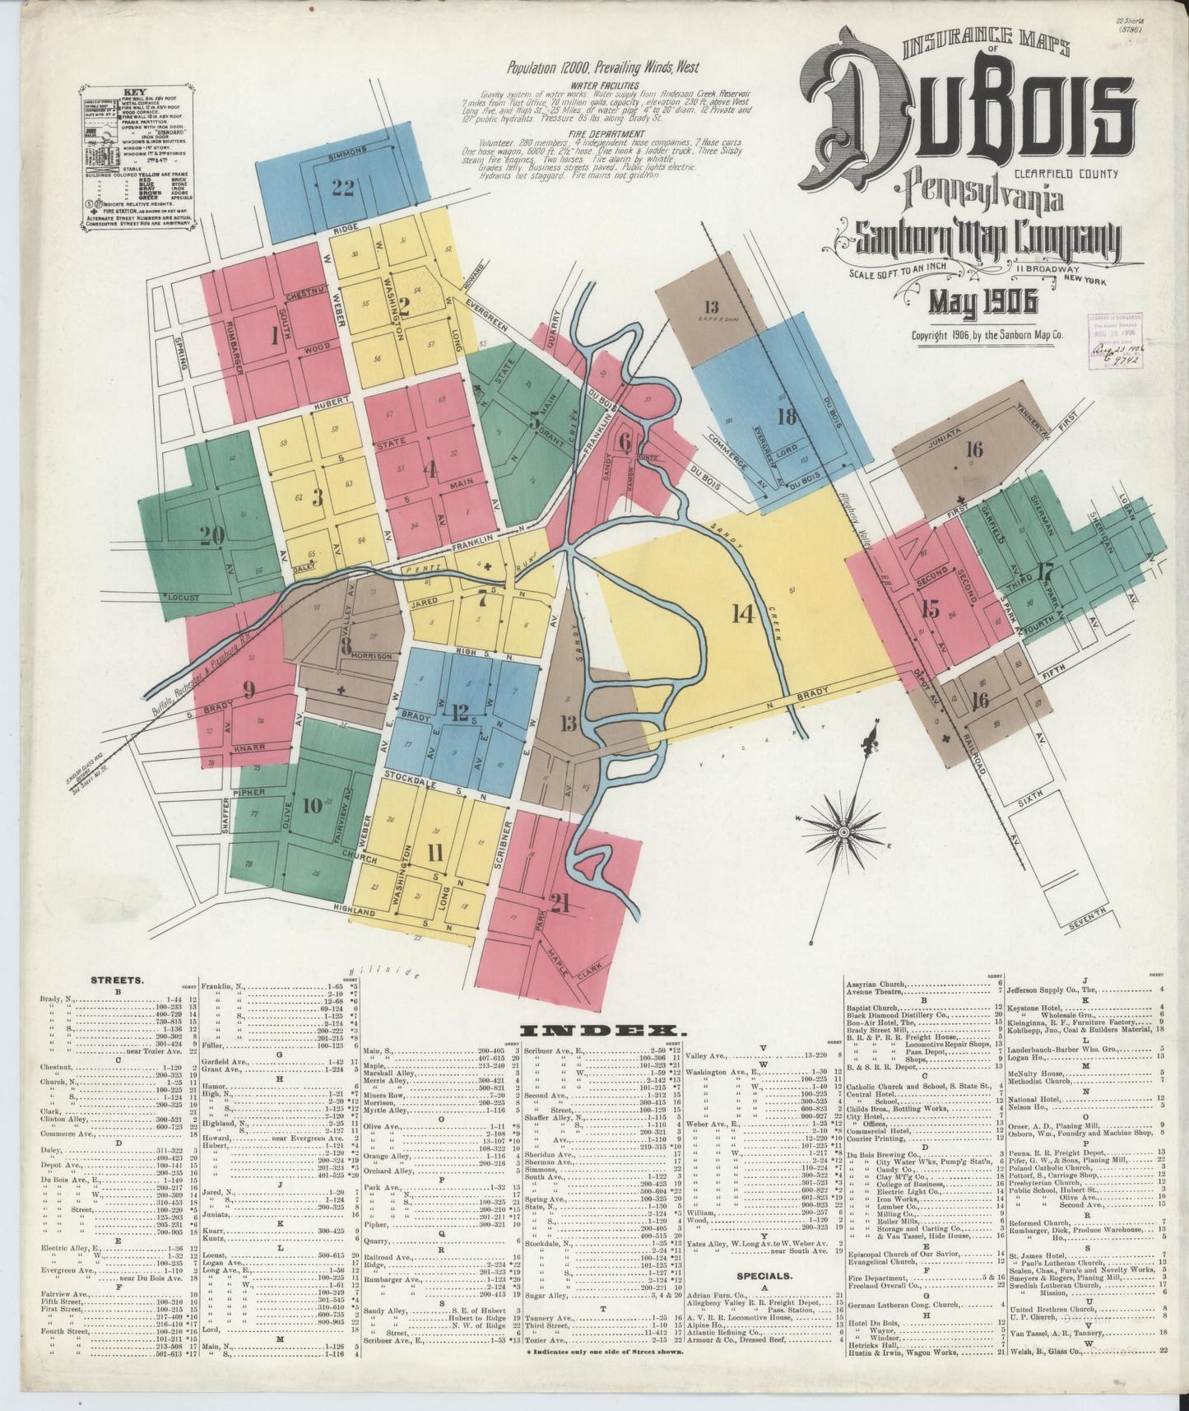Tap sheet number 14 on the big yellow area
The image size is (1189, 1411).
pos(743,613)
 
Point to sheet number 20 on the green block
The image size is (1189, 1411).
pos(211,536)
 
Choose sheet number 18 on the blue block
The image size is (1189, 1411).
pos(787,417)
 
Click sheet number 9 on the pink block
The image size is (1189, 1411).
pos(248,688)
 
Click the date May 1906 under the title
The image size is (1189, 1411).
pos(982,304)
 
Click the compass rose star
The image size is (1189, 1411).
pos(843,834)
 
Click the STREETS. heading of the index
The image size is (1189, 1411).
pos(118,980)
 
